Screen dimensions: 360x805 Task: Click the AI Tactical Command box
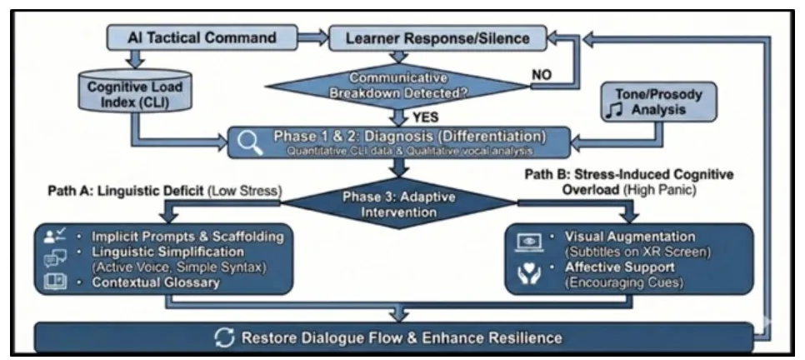coord(202,38)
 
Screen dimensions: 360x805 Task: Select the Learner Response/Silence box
coord(437,37)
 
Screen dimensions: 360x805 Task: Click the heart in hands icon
coord(531,272)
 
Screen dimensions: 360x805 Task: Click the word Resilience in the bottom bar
coord(521,337)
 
